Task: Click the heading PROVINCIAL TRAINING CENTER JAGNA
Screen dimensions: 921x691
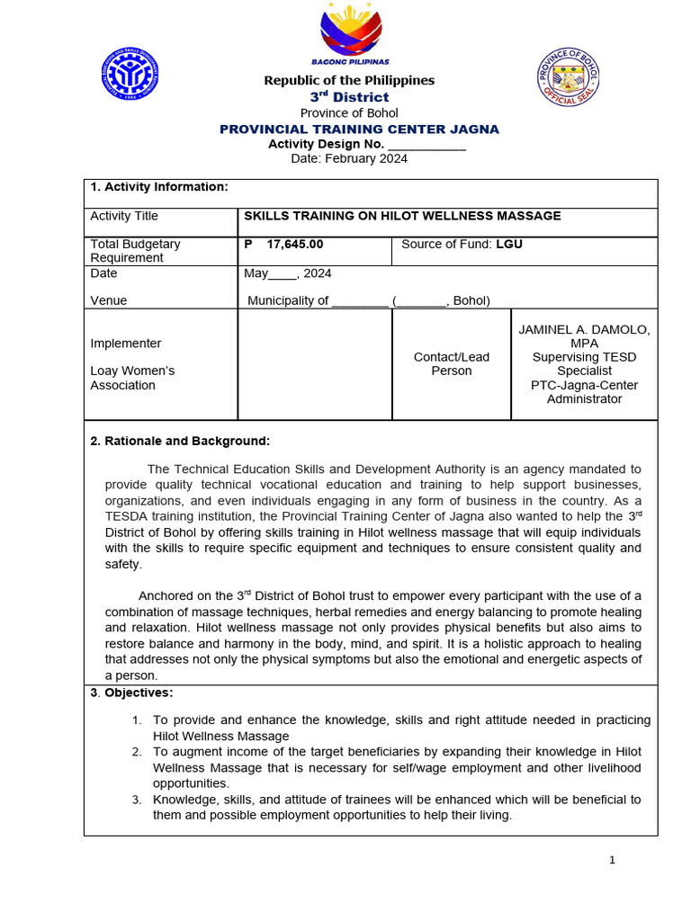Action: point(359,130)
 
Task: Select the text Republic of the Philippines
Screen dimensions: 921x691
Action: point(349,81)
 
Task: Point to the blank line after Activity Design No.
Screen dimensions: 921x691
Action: point(426,145)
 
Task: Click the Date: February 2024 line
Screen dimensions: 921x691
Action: point(349,159)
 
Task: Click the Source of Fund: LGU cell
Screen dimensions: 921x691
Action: point(462,244)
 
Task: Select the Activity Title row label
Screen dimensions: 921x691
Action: point(124,216)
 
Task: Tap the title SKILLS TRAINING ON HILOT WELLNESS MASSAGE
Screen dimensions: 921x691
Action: point(402,216)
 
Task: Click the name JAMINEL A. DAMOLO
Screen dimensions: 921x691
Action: point(584,330)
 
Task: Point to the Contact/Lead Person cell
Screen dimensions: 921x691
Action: point(452,363)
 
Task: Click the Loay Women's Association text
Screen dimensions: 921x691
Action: point(132,378)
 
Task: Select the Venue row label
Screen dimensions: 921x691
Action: point(109,300)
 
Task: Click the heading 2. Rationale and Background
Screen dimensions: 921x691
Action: point(180,441)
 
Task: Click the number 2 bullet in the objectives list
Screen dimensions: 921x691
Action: point(137,751)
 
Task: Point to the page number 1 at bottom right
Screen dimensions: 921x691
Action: point(612,860)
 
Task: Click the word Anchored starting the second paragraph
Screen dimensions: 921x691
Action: point(166,595)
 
